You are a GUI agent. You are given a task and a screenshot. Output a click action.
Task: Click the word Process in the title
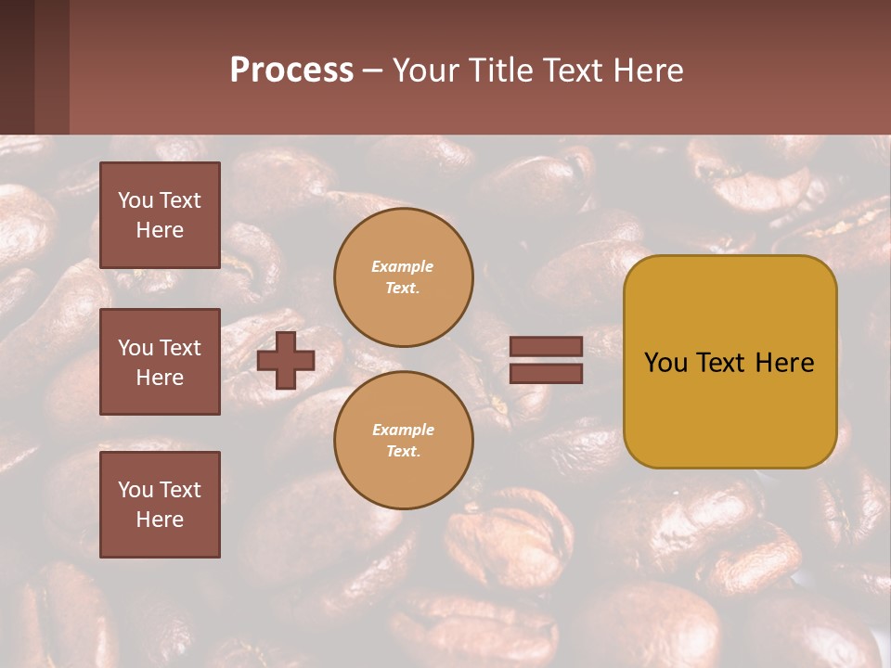tap(291, 71)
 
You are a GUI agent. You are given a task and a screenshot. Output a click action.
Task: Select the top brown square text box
tap(160, 215)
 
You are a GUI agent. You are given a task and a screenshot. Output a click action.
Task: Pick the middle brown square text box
tap(160, 362)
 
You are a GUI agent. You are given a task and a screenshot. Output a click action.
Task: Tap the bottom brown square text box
tap(160, 505)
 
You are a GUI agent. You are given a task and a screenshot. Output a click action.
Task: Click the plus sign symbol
tap(286, 360)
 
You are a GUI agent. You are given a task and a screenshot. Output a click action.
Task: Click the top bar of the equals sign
tap(546, 347)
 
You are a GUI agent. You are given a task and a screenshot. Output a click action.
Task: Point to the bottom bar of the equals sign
tap(546, 374)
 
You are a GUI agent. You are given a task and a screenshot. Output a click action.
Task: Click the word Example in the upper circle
tap(403, 266)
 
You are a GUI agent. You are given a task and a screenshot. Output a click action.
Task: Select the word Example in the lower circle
tap(403, 430)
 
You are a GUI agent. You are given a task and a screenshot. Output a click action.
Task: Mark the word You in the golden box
tap(665, 363)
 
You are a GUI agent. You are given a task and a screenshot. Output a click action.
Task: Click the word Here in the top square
tap(160, 230)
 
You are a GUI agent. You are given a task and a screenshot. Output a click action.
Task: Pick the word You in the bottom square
tap(136, 490)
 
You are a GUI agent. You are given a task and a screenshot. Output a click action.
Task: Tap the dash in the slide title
tap(373, 71)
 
